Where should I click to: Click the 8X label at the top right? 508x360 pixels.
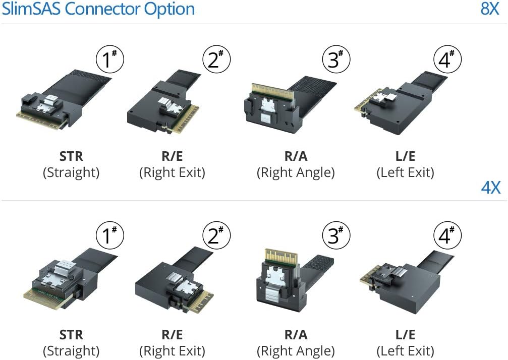(x=489, y=9)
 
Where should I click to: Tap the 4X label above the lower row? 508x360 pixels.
(x=490, y=188)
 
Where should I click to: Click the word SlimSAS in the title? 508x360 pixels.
(x=33, y=9)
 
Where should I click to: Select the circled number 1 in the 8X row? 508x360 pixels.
(x=109, y=60)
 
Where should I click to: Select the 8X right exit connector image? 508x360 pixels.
(x=163, y=103)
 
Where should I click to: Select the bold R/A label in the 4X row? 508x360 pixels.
(x=296, y=335)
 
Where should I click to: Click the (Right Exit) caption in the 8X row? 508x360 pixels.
(x=172, y=173)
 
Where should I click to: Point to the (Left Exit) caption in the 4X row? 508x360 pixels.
(x=405, y=351)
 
